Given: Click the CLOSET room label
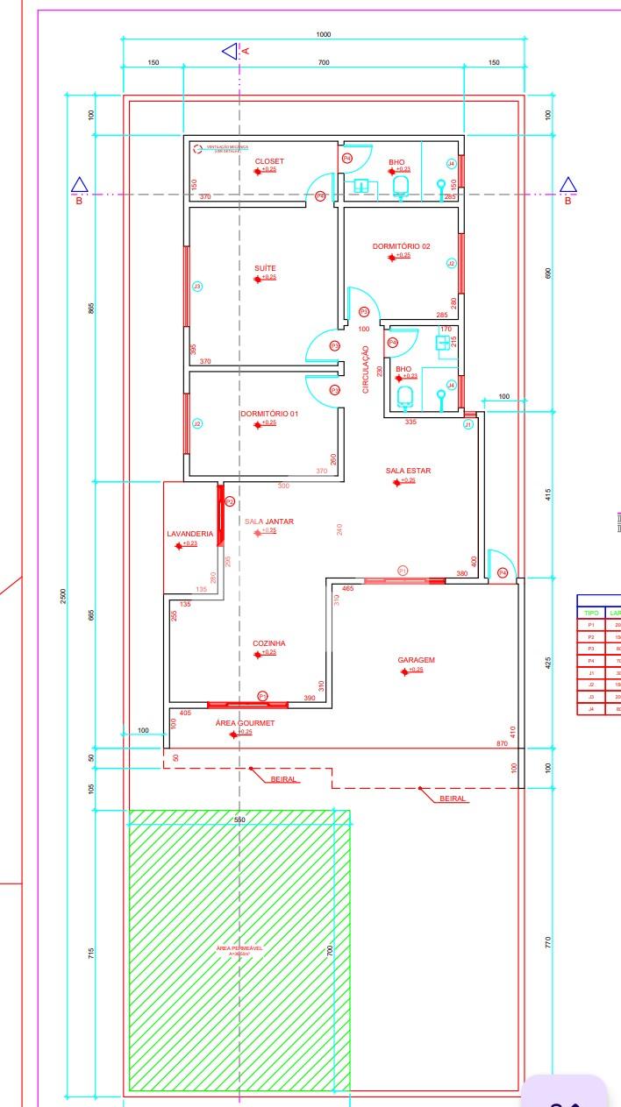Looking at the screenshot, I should pos(269,161).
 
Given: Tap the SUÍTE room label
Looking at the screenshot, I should pos(265,268).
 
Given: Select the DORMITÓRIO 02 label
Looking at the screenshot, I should pos(401,246).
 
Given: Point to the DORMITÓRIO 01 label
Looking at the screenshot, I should pos(269,414).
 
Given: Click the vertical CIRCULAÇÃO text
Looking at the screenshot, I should pos(367,369).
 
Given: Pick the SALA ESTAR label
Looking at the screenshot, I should pos(408,471).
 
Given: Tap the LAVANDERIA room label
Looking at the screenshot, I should pos(190,534).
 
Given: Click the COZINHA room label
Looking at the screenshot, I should pos(268,643).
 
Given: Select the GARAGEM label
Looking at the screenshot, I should pos(416,660).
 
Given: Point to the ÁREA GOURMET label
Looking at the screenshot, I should pos(245,723).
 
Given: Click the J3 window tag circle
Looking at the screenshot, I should pos(197,287).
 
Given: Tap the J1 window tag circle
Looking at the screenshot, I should pos(468,424).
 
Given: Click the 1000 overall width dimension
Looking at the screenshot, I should pos(324,34).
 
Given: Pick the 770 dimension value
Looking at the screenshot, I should pos(548,943).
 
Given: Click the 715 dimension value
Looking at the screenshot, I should pos(91,953).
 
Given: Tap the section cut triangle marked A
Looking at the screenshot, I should pos(230,52).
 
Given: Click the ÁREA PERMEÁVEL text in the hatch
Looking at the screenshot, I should pos(239,948).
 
